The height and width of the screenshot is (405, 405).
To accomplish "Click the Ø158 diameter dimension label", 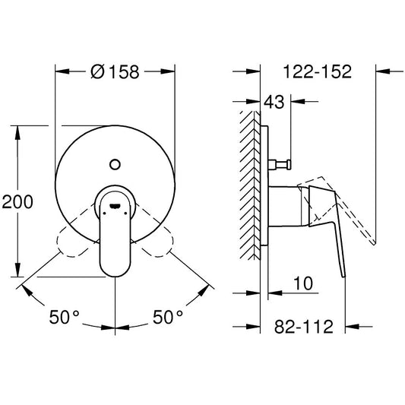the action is (115, 71).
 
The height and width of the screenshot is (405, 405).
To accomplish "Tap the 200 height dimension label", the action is (17, 201).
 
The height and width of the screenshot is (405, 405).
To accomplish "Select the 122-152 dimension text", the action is (318, 71).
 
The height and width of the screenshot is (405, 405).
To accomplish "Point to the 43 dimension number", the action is (274, 102).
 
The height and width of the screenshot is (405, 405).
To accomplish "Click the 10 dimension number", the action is (303, 283).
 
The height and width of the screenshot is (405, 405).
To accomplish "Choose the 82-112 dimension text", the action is (304, 327).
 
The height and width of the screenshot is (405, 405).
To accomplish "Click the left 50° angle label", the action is (64, 317).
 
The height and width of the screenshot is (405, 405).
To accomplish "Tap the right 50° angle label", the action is (168, 317).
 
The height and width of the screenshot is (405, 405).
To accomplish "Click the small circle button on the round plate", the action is (115, 165).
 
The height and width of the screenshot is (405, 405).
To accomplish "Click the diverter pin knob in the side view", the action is (280, 165).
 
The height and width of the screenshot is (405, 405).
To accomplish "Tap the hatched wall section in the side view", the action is (250, 185).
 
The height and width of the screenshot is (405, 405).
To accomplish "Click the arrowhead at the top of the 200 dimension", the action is (17, 132).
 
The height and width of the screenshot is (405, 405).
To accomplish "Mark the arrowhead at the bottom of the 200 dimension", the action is (17, 270).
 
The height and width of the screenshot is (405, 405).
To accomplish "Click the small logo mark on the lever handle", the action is (115, 206).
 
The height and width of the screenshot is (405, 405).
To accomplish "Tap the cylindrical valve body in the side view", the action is (286, 206).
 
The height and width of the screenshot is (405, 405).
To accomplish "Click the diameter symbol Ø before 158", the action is (97, 71).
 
